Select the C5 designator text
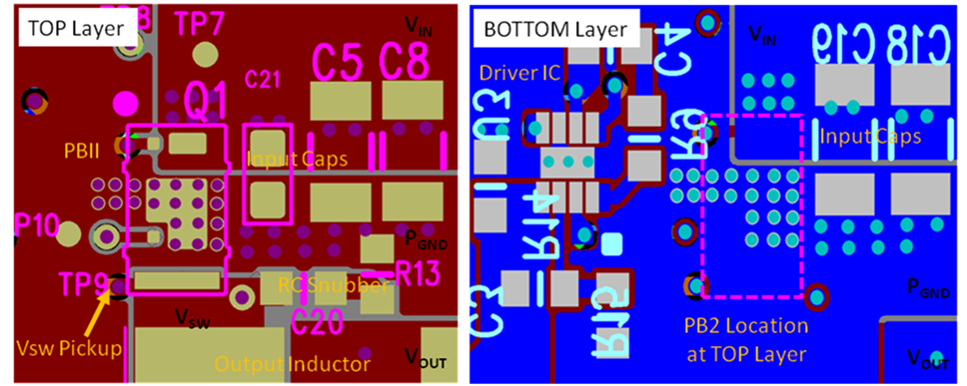[337, 63]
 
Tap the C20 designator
[318, 321]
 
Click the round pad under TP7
[205, 53]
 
